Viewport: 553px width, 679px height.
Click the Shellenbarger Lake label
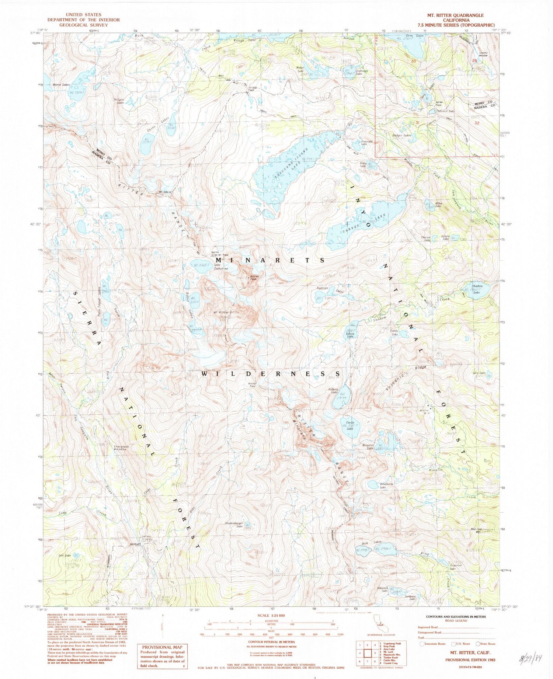tap(236, 524)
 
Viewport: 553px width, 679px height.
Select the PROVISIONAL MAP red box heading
tap(162, 647)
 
